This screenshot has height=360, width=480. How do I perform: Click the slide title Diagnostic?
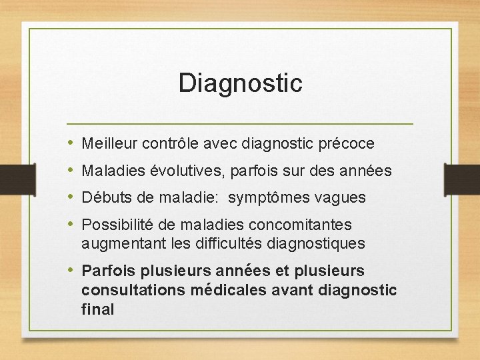click(x=240, y=83)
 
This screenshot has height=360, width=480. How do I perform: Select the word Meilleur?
click(x=107, y=143)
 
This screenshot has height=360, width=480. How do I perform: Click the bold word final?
click(x=98, y=309)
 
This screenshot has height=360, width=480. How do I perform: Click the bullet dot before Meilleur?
click(x=71, y=143)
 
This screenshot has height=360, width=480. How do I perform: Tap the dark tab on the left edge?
click(x=13, y=181)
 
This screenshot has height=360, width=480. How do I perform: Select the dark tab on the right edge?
click(x=466, y=181)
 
